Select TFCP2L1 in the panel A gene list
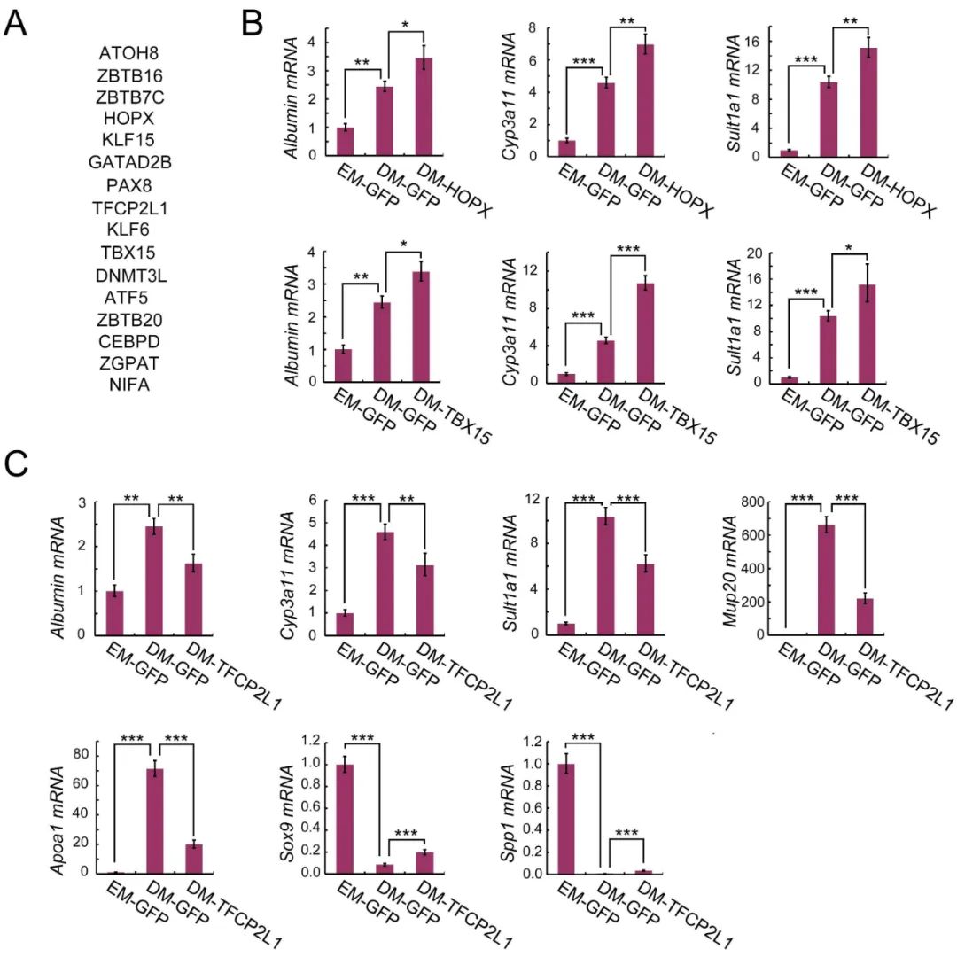click(x=129, y=208)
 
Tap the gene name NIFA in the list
click(x=129, y=385)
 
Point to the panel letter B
click(x=252, y=23)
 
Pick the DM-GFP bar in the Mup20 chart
click(x=827, y=580)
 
